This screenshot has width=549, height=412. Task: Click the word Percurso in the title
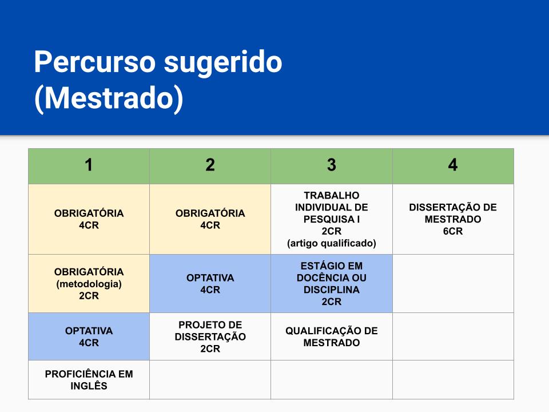[x=94, y=62]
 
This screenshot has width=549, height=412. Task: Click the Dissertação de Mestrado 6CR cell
[x=453, y=219]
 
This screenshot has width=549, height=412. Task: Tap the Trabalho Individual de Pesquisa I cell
[x=332, y=219]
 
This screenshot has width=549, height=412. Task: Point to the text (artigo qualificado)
[x=332, y=243]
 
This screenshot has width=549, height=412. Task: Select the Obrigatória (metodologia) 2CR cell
[x=89, y=283]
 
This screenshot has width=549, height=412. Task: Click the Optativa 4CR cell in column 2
[x=210, y=283]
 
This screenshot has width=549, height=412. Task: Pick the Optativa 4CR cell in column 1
[x=89, y=336]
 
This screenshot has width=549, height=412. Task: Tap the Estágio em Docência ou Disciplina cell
[x=332, y=283]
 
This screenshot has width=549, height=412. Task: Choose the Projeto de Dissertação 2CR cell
[x=210, y=336]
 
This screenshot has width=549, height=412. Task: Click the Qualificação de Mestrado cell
[x=332, y=336]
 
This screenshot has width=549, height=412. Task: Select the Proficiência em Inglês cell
[x=89, y=380]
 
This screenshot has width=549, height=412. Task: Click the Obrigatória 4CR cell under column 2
[x=210, y=219]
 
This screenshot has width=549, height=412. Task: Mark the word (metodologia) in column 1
[x=89, y=284]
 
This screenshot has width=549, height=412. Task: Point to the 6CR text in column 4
[x=453, y=231]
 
